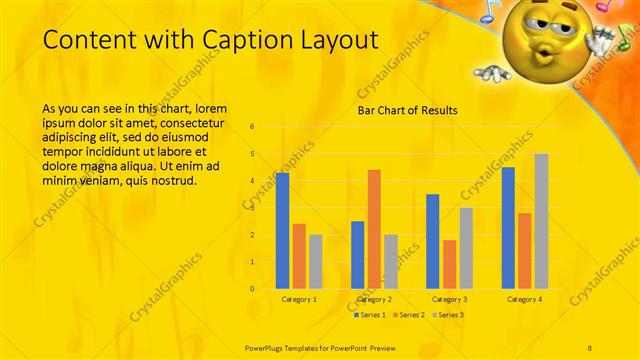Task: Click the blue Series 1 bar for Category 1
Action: point(283,230)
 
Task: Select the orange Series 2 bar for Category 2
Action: point(374,229)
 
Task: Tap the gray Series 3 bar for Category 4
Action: point(541,221)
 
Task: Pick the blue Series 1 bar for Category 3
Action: point(433,241)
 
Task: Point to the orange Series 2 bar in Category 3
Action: point(449,264)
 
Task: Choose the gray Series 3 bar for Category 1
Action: point(316,261)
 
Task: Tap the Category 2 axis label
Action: point(374,299)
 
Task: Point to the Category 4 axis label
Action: point(524,299)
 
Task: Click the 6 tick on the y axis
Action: point(252,127)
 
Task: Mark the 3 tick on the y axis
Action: point(252,208)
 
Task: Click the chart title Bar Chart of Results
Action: point(408,110)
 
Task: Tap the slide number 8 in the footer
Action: point(590,346)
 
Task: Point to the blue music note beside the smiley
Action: point(489,12)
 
